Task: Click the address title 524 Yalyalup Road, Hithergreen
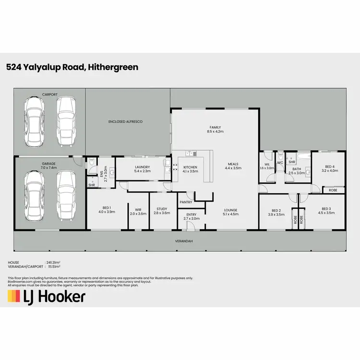pyautogui.click(x=72, y=67)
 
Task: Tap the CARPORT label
pyautogui.click(x=50, y=95)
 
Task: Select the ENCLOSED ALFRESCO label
pyautogui.click(x=126, y=122)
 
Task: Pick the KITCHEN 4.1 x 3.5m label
pyautogui.click(x=191, y=169)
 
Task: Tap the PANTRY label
pyautogui.click(x=186, y=202)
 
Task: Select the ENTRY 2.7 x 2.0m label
pyautogui.click(x=192, y=216)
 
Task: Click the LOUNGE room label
pyautogui.click(x=231, y=212)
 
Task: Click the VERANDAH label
pyautogui.click(x=183, y=241)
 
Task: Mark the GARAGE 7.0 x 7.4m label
pyautogui.click(x=49, y=166)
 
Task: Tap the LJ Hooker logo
pyautogui.click(x=47, y=296)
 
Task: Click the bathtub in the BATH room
pyautogui.click(x=298, y=156)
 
